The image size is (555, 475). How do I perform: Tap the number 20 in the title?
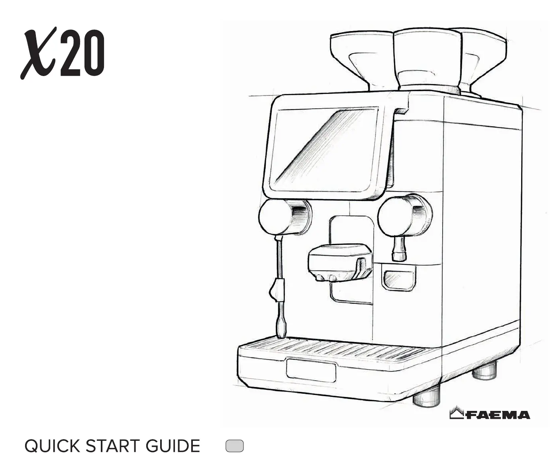83,54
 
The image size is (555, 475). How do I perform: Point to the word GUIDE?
173,446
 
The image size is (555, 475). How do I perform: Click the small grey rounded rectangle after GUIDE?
235,446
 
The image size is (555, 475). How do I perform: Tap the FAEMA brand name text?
498,415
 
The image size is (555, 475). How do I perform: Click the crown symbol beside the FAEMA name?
457,413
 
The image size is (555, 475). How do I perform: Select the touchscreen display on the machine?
324,150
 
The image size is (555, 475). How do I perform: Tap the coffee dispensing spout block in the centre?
340,262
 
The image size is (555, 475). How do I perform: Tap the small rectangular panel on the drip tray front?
311,370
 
